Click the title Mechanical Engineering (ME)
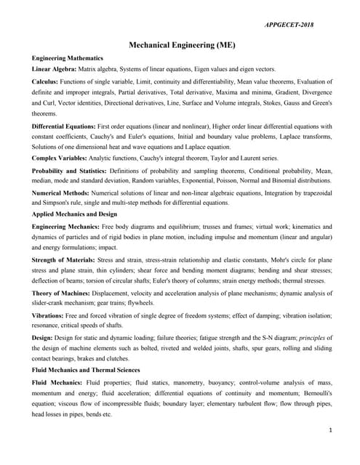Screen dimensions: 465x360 182,44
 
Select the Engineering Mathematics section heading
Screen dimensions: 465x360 67,57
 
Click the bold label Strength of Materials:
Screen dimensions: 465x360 64,259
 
